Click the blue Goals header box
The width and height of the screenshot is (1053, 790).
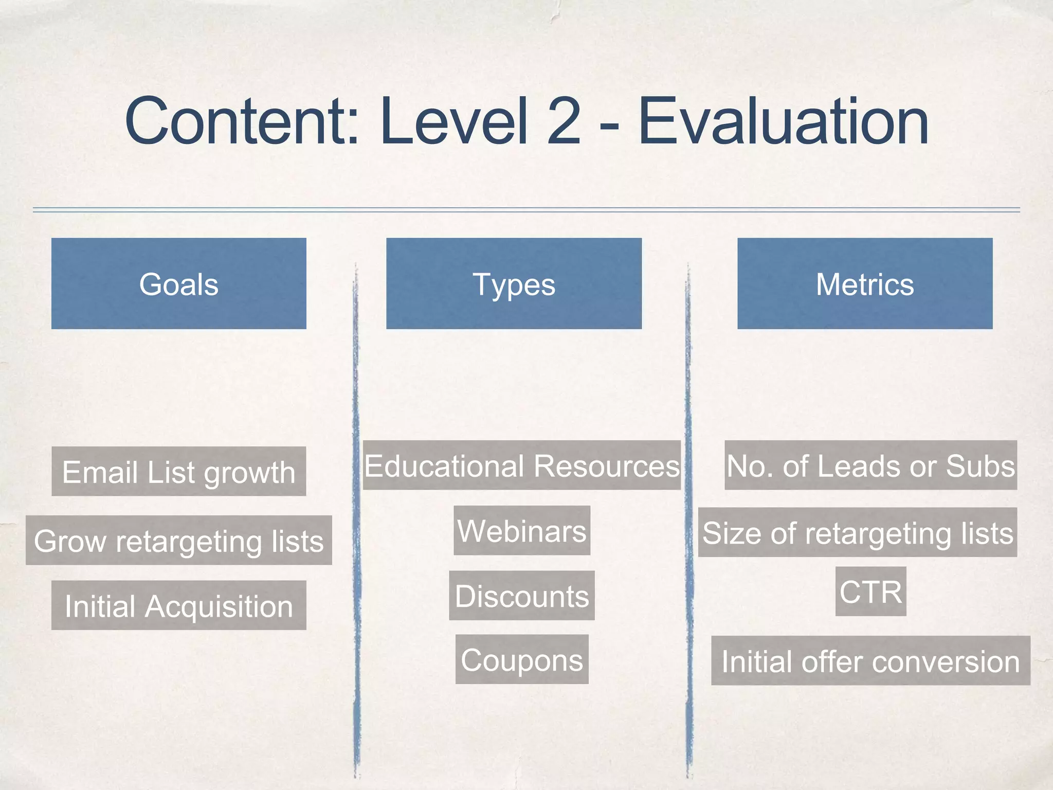click(x=179, y=283)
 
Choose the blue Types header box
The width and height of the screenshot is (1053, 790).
click(x=514, y=283)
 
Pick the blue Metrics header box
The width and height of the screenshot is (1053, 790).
click(x=865, y=283)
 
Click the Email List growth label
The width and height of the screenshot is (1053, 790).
click(x=179, y=471)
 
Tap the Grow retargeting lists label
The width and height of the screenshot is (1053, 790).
click(x=179, y=540)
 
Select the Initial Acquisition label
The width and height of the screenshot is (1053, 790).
click(x=179, y=605)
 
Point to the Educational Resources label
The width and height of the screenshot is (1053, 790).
click(x=522, y=465)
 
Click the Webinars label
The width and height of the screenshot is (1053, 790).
click(x=522, y=530)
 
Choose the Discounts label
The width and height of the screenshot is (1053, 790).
click(x=522, y=596)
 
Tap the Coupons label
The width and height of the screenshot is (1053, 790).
click(x=522, y=659)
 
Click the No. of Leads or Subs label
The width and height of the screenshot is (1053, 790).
click(x=870, y=465)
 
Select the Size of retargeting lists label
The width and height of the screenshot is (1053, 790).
click(x=858, y=532)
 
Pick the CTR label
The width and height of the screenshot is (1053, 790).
click(x=870, y=591)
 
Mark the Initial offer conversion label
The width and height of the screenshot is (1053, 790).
click(x=870, y=661)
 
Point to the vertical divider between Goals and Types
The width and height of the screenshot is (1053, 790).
click(x=356, y=514)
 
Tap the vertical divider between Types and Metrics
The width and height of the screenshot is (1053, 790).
click(x=688, y=514)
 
